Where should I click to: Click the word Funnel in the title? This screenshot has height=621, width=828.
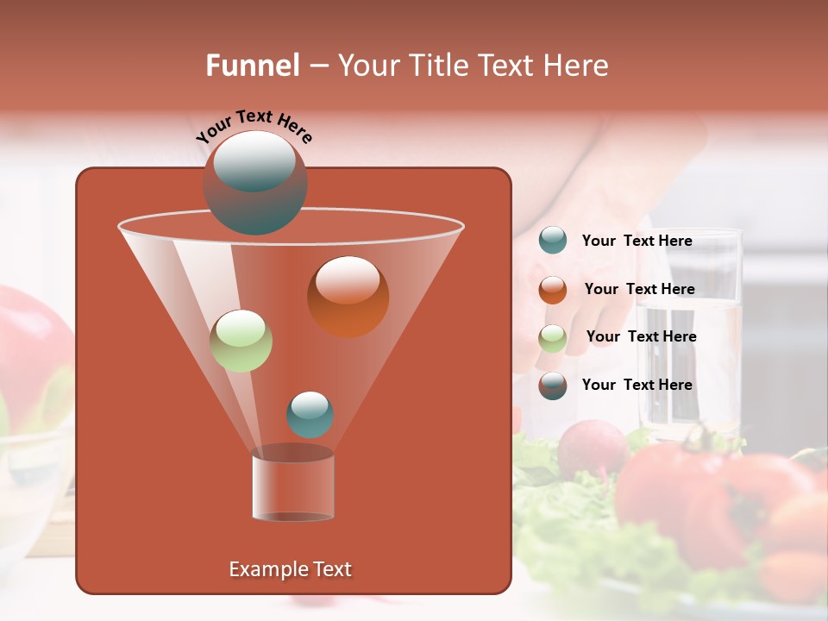(x=252, y=65)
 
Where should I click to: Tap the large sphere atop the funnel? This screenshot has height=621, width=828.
(x=255, y=182)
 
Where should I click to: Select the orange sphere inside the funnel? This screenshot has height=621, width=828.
(x=348, y=296)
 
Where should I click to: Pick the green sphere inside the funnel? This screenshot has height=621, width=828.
(x=241, y=341)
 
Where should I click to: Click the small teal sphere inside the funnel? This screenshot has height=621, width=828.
(x=310, y=414)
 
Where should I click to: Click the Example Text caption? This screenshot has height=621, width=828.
(x=291, y=569)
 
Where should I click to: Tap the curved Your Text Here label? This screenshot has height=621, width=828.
(x=254, y=126)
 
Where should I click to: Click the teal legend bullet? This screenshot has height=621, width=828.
(x=553, y=241)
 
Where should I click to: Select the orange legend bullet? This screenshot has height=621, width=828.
(x=553, y=289)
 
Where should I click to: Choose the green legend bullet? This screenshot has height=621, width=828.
(x=553, y=337)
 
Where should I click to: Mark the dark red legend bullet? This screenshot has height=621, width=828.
(x=553, y=385)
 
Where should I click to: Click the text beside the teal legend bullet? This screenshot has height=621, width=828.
(x=637, y=241)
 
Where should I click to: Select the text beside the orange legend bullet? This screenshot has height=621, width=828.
(x=640, y=289)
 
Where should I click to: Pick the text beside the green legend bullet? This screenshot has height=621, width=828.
(x=642, y=336)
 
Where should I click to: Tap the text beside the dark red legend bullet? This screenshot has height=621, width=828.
(x=637, y=385)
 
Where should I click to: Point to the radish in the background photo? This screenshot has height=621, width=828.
(x=592, y=448)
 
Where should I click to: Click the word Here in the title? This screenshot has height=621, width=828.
(x=577, y=65)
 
